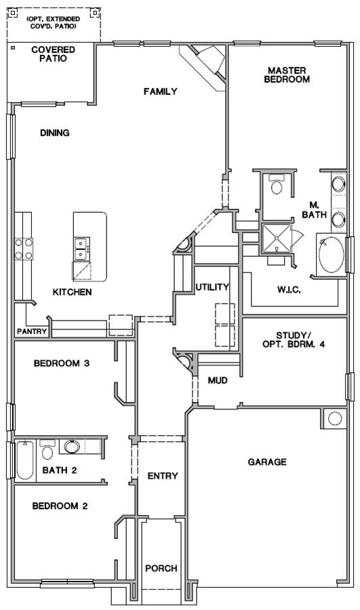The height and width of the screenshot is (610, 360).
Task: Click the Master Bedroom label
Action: click(x=287, y=75)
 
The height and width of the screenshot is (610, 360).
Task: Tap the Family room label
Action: click(x=161, y=91)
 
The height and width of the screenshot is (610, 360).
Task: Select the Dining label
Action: click(x=55, y=133)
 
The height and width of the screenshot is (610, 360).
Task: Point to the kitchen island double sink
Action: click(x=82, y=249)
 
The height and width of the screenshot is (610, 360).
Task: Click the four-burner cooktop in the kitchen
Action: click(x=24, y=249)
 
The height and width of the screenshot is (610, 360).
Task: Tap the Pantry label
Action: click(x=32, y=332)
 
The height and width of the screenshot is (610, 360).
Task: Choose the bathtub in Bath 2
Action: click(x=25, y=460)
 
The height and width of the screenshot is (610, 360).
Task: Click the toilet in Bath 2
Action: click(x=47, y=450)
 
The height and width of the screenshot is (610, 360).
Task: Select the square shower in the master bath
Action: click(x=277, y=238)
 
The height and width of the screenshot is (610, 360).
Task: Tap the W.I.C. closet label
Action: click(x=289, y=290)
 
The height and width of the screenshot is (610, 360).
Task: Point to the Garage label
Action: click(x=267, y=462)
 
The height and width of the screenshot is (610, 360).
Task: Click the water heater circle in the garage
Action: click(x=335, y=419)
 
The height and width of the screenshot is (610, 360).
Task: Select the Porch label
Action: click(x=161, y=569)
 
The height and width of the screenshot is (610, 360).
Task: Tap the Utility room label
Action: click(x=212, y=287)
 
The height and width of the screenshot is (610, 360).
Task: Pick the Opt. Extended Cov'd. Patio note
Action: click(x=54, y=22)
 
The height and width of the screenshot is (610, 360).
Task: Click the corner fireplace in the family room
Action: click(x=206, y=64)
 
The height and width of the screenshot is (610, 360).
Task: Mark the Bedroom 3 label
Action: click(x=62, y=363)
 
